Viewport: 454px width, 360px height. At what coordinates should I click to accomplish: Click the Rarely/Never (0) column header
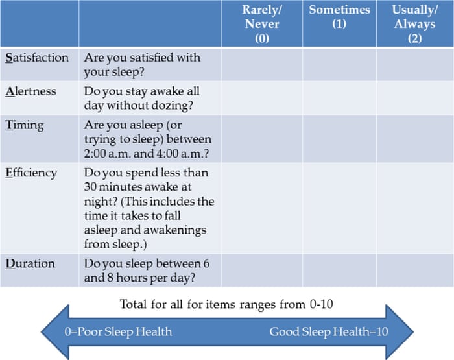coord(262,24)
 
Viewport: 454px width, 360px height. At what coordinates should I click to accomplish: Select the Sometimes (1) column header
coord(339,17)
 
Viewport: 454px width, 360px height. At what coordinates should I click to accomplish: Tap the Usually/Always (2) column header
coord(414,24)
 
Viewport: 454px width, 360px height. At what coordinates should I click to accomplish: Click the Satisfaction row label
coord(37,58)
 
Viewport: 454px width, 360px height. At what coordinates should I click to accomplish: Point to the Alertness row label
coord(30,91)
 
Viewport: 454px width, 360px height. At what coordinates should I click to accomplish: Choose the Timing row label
coord(24,125)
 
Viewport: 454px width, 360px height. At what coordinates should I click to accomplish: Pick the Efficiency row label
coord(31,173)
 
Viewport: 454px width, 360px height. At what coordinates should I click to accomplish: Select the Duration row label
coord(30,263)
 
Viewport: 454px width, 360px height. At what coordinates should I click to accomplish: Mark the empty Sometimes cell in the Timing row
coord(339,139)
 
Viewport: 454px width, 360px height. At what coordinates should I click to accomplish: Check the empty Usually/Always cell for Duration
coord(414,270)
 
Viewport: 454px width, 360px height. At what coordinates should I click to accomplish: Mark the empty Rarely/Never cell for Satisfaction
coord(262,64)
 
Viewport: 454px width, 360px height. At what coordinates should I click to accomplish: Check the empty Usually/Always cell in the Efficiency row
coord(414,209)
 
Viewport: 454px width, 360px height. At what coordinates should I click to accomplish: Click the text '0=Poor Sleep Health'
coord(118,331)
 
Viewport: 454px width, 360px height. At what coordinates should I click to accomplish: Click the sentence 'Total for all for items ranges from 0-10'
coord(227,304)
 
